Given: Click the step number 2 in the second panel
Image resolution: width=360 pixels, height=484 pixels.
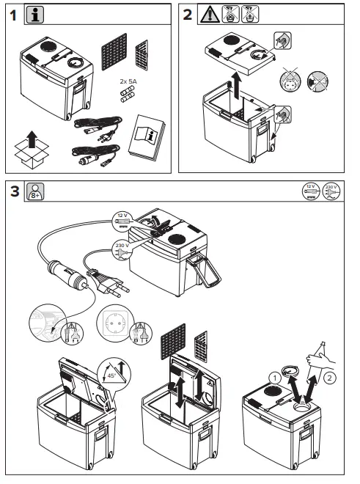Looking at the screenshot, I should point(188,15).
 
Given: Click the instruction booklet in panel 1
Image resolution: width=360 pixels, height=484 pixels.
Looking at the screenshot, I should point(144,139).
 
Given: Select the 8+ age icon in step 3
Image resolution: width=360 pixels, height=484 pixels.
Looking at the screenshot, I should point(34,192).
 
